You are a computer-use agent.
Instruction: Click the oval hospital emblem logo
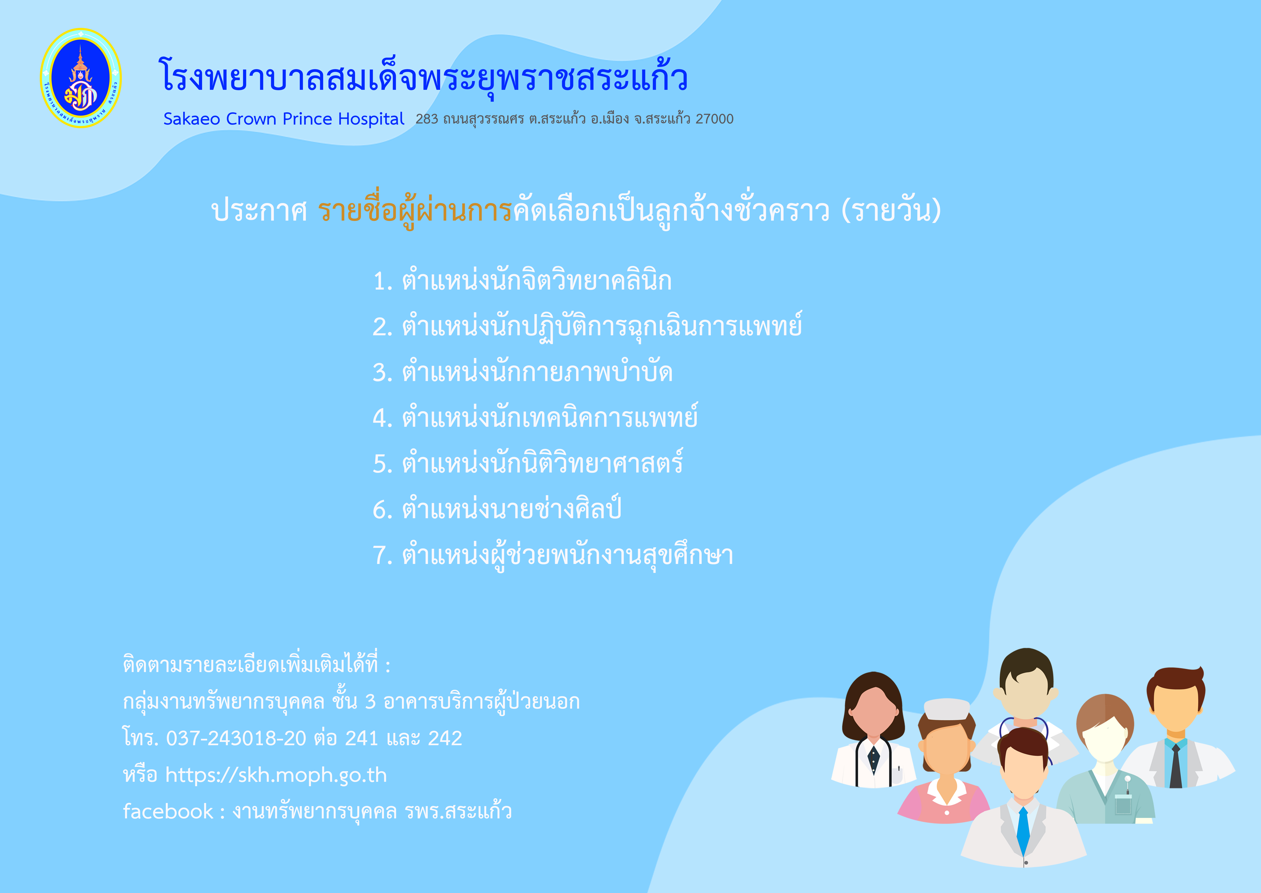(81, 78)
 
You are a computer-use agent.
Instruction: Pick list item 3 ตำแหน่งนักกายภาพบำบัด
(523, 372)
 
